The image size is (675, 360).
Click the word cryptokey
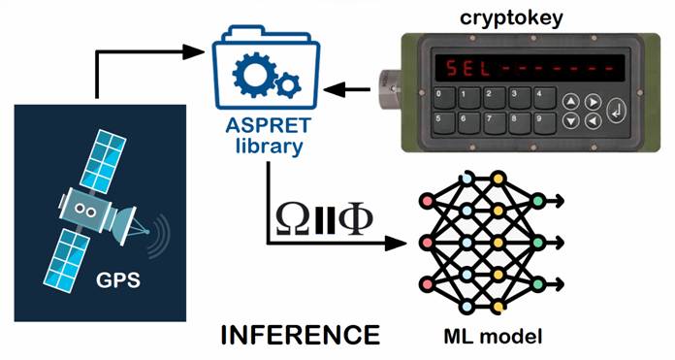(511, 18)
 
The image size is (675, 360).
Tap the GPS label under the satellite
(118, 280)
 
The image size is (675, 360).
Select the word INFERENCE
(301, 335)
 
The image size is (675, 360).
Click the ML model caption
(493, 337)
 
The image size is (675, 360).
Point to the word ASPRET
(268, 125)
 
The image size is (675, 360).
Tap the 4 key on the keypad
(544, 98)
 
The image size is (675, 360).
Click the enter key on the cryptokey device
(616, 111)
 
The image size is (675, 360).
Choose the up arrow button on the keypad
(571, 103)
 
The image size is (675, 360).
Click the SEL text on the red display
(467, 69)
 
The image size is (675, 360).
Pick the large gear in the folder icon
(254, 75)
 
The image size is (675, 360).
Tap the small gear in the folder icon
(288, 85)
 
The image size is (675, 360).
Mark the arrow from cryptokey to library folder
(346, 89)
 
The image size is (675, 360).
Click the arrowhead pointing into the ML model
(395, 244)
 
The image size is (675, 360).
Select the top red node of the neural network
(427, 201)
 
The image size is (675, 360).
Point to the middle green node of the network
(537, 243)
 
